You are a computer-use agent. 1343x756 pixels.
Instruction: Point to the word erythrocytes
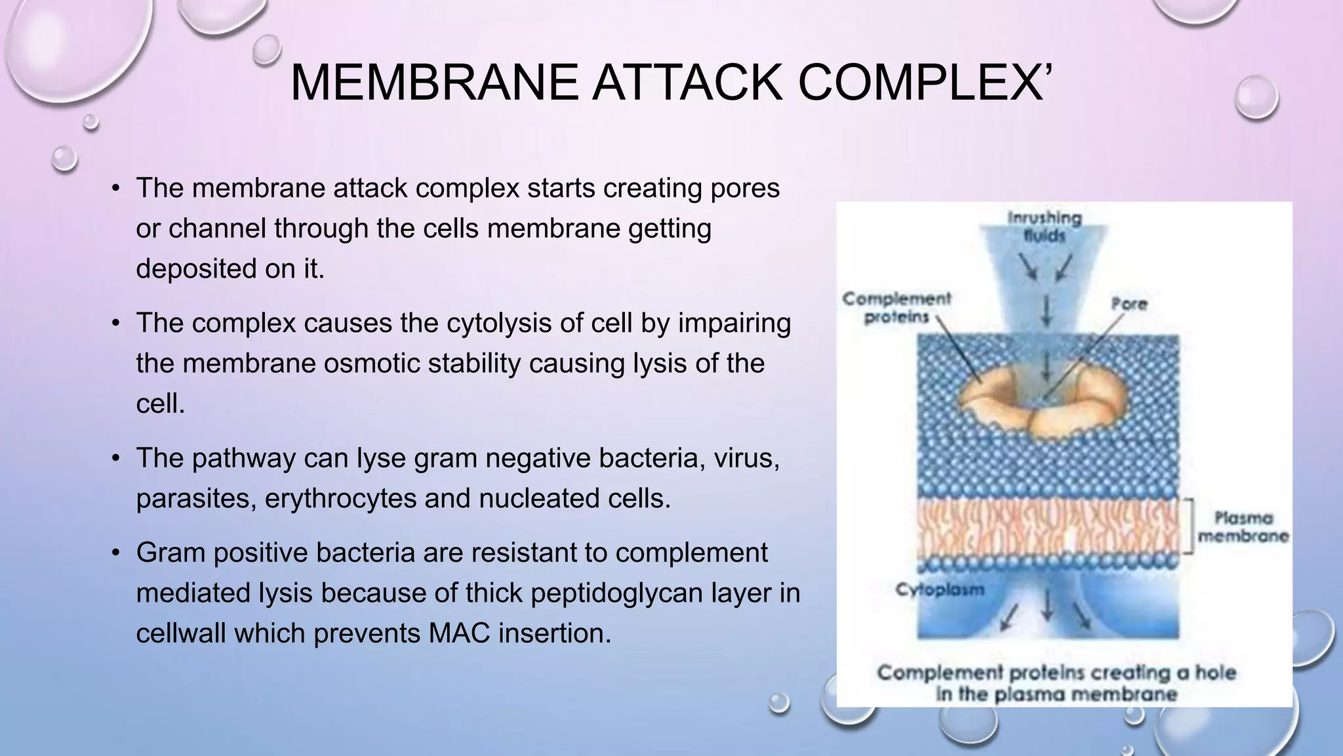coord(340,498)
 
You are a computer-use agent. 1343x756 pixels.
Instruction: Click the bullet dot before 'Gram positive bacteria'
coord(116,553)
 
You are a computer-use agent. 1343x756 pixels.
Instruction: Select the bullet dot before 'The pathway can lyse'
coord(116,458)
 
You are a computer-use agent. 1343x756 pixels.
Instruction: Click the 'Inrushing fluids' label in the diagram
coord(1044,226)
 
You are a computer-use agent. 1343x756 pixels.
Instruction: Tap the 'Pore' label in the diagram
coord(1129,304)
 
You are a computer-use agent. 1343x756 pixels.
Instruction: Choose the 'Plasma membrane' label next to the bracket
coord(1243,527)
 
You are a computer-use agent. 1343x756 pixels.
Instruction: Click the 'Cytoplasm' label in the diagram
coord(940,589)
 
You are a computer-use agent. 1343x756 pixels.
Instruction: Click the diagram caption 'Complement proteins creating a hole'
coord(1056,673)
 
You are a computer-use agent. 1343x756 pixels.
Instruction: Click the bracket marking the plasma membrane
coord(1188,527)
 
